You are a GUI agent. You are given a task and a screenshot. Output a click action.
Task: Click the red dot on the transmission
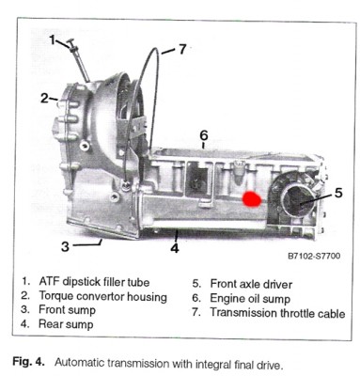coord(252,199)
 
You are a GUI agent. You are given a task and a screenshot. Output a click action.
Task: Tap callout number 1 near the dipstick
coord(53,40)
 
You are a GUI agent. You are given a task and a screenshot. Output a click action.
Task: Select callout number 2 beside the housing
coord(44,99)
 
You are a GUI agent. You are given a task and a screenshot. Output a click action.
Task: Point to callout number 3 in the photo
coord(65,246)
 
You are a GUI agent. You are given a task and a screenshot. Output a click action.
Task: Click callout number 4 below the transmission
coord(175,248)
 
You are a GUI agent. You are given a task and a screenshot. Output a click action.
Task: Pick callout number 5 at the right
coord(338,193)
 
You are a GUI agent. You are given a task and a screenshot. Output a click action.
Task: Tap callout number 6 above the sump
coord(204,135)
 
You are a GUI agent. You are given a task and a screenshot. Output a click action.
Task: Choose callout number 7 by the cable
coord(182,49)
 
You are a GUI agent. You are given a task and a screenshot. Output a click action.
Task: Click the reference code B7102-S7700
coord(314,256)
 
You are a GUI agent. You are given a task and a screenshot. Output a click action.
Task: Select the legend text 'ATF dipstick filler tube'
coord(94,282)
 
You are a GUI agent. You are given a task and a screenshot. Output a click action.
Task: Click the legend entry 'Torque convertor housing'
coord(102,296)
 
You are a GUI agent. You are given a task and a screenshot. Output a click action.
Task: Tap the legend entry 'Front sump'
coord(67,310)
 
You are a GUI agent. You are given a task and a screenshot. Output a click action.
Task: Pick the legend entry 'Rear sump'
coord(66,324)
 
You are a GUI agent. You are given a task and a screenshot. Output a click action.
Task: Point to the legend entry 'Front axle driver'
coord(251,284)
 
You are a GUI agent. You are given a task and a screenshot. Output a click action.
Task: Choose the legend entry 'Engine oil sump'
coord(250,299)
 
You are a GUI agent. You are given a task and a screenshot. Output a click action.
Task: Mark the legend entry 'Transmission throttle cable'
coord(277,313)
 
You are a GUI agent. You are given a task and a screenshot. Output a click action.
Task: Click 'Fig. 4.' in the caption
coord(28,362)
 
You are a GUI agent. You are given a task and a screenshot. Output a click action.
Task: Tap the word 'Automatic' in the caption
coord(80,363)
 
